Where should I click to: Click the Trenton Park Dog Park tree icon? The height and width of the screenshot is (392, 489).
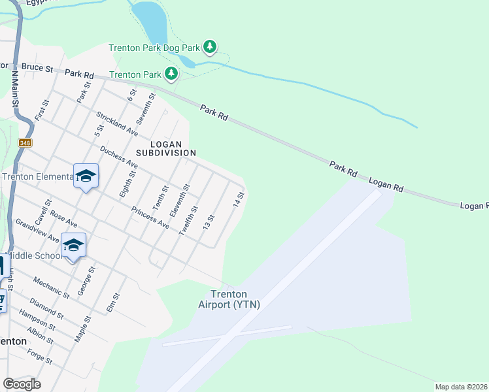pyautogui.click(x=210, y=46)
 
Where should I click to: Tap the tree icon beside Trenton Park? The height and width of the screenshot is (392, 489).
pyautogui.click(x=171, y=73)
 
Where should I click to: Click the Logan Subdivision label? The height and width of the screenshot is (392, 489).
pyautogui.click(x=165, y=148)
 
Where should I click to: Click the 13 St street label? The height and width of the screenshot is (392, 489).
pyautogui.click(x=209, y=221)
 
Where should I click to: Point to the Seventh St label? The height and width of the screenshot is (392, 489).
pyautogui.click(x=146, y=108)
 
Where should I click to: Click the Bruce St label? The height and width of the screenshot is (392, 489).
pyautogui.click(x=37, y=67)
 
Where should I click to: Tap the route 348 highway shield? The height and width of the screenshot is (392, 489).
pyautogui.click(x=25, y=142)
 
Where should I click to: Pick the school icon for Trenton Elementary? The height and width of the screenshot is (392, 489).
pyautogui.click(x=86, y=176)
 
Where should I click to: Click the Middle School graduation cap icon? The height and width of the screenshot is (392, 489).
pyautogui.click(x=73, y=246)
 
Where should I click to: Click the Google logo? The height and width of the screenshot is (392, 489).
pyautogui.click(x=22, y=384)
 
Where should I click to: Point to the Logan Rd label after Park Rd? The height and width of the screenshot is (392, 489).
pyautogui.click(x=386, y=186)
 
